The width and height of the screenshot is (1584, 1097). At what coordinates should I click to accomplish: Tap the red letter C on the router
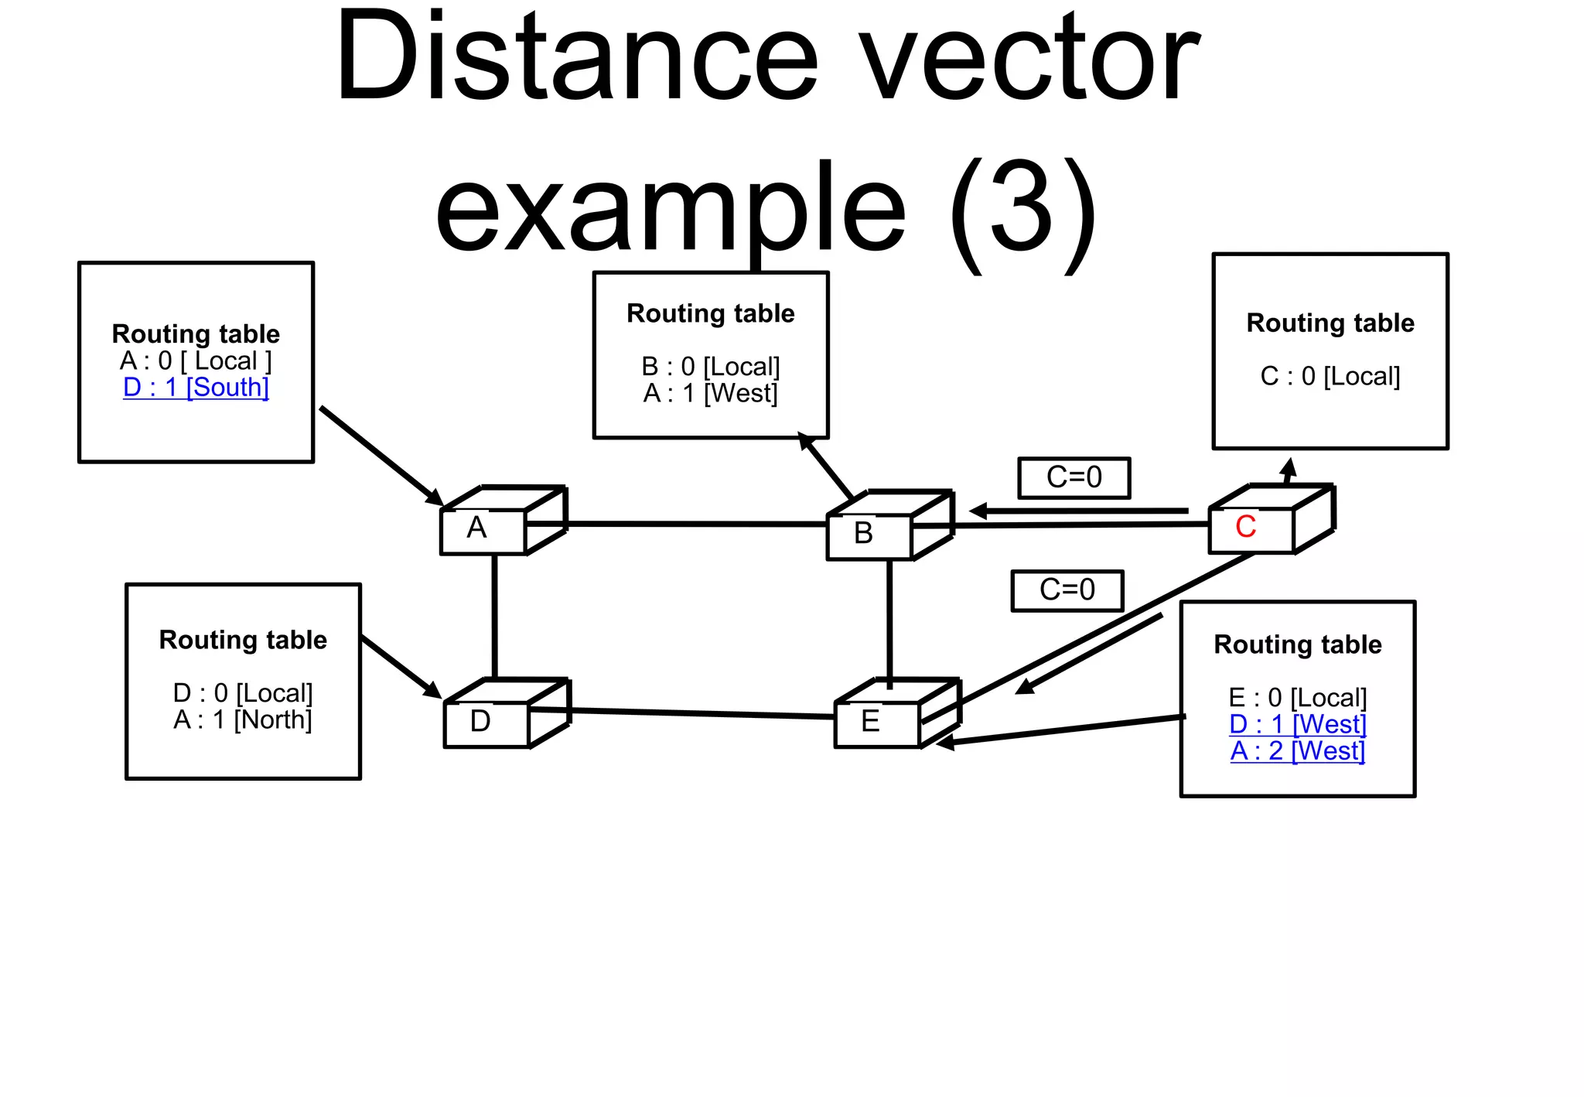coord(1245,527)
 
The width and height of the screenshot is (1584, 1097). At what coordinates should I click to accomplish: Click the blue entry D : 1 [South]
coord(196,387)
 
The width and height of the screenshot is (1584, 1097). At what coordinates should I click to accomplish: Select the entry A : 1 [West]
coord(710,393)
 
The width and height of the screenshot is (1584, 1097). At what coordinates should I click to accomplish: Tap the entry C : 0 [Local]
coord(1330,376)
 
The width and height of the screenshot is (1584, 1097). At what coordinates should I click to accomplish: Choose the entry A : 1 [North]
coord(242,719)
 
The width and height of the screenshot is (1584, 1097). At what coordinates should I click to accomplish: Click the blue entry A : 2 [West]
coord(1297,750)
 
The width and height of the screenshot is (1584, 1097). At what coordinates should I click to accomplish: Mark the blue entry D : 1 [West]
coord(1297,724)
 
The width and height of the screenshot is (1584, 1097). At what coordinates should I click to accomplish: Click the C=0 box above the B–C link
coord(1074,477)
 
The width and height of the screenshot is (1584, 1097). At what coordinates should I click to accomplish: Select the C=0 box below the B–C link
coord(1067,590)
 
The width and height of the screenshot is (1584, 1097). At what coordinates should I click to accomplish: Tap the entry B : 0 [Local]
coord(710,366)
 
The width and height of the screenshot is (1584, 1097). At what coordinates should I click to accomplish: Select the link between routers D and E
coord(681,713)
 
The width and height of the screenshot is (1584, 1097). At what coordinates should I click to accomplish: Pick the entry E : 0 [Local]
coord(1297,698)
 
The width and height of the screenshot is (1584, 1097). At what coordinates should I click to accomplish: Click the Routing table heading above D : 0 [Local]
coord(242,640)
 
